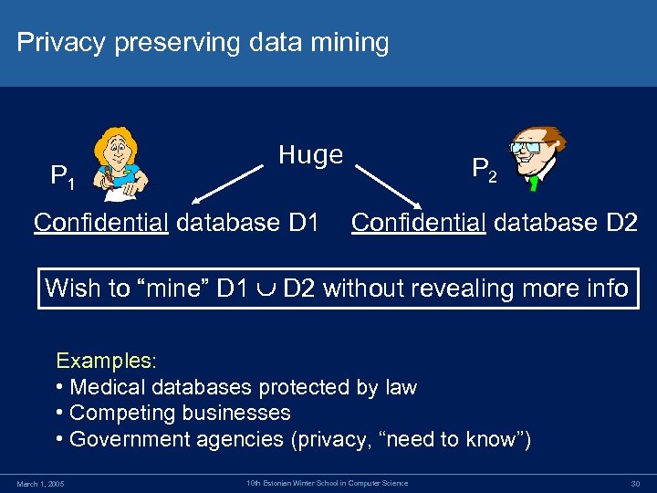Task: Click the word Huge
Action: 310,155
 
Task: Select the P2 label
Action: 484,169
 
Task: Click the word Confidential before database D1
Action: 100,222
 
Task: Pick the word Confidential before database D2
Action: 418,222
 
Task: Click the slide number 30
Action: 635,483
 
